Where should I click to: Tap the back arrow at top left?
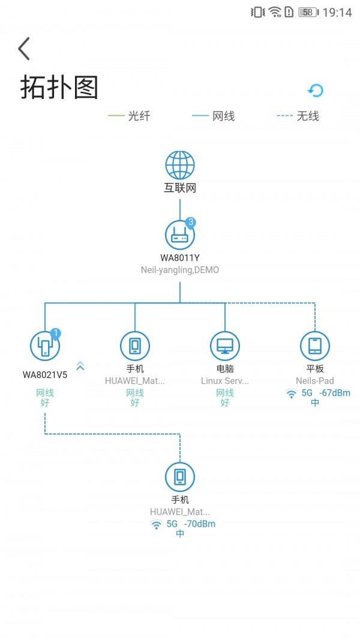24,49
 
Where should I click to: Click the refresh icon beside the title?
316,91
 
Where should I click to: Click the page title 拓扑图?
59,87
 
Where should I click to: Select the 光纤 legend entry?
129,116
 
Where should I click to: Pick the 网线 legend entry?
214,116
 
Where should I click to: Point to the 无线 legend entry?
298,116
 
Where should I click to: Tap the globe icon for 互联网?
180,166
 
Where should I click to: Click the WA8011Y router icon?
180,235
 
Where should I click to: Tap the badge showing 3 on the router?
191,223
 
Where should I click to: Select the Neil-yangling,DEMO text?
180,270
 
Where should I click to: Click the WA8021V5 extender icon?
45,346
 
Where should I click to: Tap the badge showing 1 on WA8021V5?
55,333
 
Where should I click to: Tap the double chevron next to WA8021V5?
80,366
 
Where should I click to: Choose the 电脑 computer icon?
225,346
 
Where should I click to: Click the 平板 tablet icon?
315,346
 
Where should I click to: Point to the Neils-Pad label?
315,381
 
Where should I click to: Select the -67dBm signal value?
335,393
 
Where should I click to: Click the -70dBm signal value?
200,524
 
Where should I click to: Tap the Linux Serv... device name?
225,381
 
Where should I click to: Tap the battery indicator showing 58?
308,12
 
